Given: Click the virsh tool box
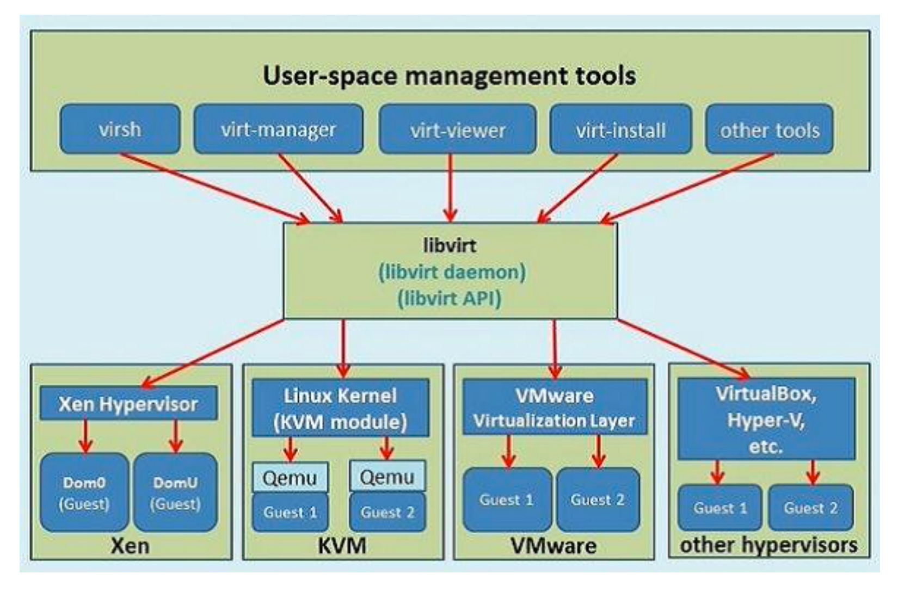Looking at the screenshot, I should [120, 129].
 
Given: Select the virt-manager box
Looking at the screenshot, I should [278, 129].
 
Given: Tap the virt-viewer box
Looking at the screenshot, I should [457, 129].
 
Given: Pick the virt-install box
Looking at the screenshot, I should [620, 129].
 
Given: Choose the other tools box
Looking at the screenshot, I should [769, 129].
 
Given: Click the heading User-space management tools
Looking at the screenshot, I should [449, 75].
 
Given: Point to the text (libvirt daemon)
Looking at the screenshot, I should [452, 272].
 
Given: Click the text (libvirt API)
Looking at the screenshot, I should [449, 298].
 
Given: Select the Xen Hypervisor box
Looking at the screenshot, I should [128, 403].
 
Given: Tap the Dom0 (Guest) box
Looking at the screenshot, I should [84, 492].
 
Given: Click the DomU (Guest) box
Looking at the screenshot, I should [175, 492].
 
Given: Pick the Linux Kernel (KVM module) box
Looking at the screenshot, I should [340, 408].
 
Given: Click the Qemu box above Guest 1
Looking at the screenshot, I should [290, 477].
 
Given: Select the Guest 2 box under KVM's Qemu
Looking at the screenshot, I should [388, 512].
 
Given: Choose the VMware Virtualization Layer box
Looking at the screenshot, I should [555, 408].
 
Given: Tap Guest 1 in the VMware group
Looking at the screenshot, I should [507, 499].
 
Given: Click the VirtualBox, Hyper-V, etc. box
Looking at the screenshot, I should [766, 419].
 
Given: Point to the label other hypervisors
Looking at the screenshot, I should [768, 545].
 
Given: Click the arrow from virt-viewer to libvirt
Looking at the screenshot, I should [450, 188].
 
